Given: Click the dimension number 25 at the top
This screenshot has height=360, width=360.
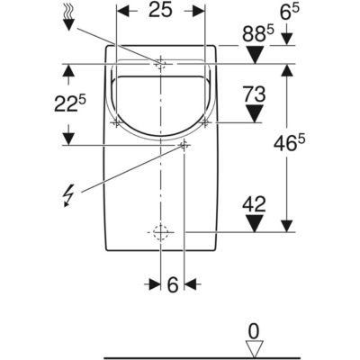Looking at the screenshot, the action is [x=161, y=10].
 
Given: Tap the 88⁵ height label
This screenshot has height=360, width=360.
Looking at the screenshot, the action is [x=258, y=34].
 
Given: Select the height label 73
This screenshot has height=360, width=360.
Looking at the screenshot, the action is [x=255, y=94].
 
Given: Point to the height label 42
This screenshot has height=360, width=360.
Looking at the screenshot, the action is [x=255, y=204].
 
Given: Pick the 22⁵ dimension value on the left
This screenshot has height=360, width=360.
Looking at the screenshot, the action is [x=70, y=104].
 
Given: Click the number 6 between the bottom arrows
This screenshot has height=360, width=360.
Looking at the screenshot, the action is [x=173, y=284].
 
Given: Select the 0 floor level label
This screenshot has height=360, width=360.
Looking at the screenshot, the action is [x=254, y=332].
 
